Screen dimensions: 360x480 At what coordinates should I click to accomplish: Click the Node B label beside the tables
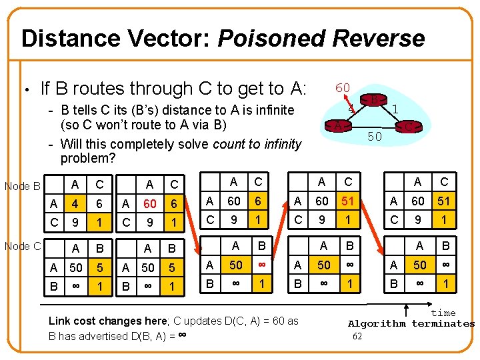pos(23,186)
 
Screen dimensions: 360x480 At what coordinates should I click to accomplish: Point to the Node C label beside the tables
pos(23,246)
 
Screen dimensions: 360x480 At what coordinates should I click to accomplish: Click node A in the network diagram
pos(339,125)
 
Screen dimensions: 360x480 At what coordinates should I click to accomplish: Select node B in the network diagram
pos(375,101)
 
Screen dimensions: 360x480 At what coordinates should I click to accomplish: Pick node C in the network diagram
pos(409,125)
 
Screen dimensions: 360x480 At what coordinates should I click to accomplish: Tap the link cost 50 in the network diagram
pos(375,136)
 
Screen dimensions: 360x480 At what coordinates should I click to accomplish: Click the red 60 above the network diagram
pos(343,88)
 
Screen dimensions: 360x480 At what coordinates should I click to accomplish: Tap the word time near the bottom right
pos(443,313)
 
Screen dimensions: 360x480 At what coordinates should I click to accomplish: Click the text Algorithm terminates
pos(411,324)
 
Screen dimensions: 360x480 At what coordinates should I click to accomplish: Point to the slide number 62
pos(357,336)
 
